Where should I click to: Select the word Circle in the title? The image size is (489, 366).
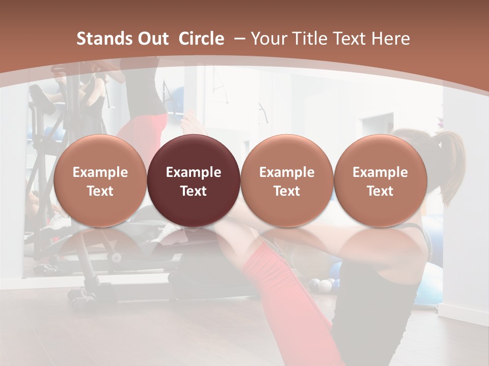[201, 39]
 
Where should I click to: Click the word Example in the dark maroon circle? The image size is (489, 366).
[194, 172]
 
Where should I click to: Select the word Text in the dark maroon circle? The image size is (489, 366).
[194, 191]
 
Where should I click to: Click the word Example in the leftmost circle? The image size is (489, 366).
[100, 172]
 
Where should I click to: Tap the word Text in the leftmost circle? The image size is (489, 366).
[100, 191]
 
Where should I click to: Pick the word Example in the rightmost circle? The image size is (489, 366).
[380, 172]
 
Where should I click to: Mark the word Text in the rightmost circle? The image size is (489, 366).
[380, 191]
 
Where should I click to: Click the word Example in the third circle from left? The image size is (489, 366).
[287, 172]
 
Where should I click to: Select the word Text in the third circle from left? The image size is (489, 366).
[287, 191]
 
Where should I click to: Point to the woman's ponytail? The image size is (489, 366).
[451, 163]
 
